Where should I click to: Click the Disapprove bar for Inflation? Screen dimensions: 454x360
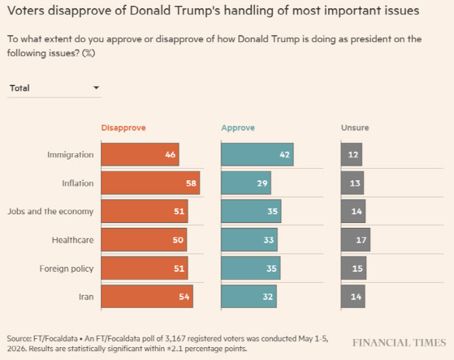coord(150,183)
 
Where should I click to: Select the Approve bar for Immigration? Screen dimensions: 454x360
coord(257,155)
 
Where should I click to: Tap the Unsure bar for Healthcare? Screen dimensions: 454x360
coord(356,240)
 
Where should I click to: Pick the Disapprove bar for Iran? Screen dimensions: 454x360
coord(147,296)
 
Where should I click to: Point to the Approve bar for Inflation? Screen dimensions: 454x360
coord(246,183)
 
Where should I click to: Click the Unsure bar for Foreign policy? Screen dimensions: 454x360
coord(354,268)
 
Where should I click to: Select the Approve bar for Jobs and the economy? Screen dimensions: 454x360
coord(251,211)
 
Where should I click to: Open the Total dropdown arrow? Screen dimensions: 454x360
coord(96,87)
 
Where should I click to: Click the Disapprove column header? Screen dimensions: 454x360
coord(123,127)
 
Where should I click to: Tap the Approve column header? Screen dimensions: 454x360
coord(238,127)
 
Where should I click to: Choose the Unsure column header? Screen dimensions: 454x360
coord(355,127)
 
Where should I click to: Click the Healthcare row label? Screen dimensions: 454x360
coord(73,240)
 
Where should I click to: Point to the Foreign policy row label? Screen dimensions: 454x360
coord(66,268)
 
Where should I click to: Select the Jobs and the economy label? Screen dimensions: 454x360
coord(51,212)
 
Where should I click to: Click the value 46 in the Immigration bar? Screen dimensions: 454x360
coord(170,155)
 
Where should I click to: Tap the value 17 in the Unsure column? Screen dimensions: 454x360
coord(361,240)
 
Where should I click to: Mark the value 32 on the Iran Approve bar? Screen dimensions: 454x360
coord(268,296)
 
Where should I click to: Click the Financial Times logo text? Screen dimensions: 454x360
coord(399,343)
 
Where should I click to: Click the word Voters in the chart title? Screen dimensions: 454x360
coord(26,11)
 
